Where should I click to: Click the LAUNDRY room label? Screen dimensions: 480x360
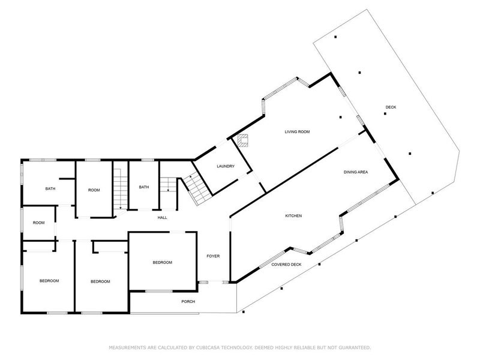(226, 166)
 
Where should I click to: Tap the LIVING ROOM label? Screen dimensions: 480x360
(297, 131)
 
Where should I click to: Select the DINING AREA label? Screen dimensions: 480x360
(356, 172)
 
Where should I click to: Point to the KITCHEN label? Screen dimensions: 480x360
(293, 216)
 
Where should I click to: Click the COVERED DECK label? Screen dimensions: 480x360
(287, 265)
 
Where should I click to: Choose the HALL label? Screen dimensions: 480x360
(162, 218)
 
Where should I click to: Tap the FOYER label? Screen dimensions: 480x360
(213, 256)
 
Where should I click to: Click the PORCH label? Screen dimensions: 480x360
(188, 302)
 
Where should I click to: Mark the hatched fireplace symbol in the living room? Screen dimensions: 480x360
(244, 140)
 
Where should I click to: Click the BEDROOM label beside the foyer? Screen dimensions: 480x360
(163, 262)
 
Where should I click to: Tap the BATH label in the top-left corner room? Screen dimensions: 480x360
(50, 188)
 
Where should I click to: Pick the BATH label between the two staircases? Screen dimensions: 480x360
(144, 187)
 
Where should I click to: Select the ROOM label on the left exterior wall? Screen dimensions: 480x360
(38, 223)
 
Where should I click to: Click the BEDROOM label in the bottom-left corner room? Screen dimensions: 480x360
(49, 281)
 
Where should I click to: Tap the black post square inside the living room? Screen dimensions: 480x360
(340, 117)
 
